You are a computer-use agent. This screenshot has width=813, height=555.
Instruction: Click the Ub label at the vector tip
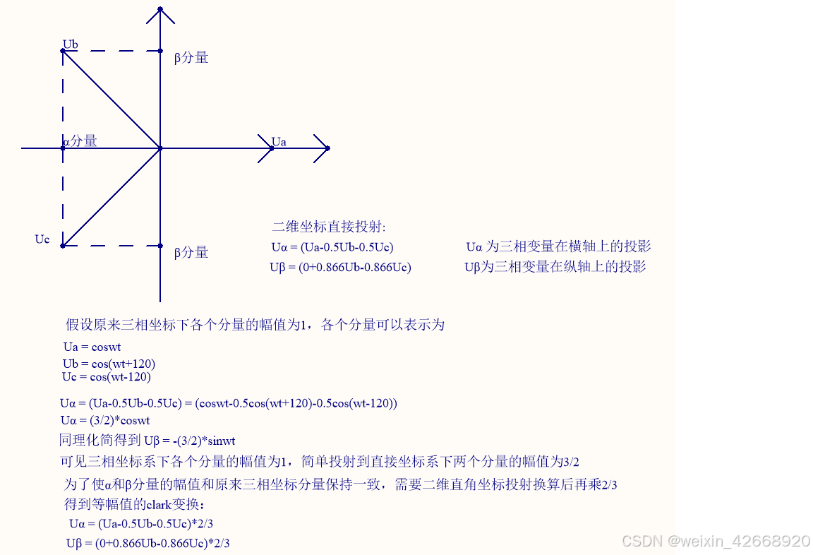[x=70, y=44]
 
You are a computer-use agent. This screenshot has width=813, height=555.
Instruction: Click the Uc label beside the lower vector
[x=42, y=239]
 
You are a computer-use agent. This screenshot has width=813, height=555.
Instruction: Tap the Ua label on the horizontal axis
[x=279, y=142]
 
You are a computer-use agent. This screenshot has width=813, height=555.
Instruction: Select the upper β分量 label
[x=191, y=58]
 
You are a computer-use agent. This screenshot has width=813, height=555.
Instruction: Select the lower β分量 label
[x=191, y=252]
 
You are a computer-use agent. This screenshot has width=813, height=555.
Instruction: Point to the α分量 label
[x=80, y=141]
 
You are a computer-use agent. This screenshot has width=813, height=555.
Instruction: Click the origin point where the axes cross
[x=161, y=148]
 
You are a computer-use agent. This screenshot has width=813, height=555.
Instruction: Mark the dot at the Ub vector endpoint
[x=63, y=51]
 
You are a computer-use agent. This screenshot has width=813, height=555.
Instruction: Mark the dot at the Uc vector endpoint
[x=63, y=246]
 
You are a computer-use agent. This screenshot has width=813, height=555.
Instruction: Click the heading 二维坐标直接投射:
[x=329, y=227]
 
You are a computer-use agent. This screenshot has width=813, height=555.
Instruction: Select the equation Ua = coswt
[x=92, y=347]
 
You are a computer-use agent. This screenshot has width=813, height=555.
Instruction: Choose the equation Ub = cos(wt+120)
[x=109, y=364]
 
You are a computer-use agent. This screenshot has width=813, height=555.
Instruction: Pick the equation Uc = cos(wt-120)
[x=107, y=377]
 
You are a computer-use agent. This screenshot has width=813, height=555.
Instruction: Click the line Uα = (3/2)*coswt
[x=105, y=421]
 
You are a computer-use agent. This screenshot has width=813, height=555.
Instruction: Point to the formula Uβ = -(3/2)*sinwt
[x=189, y=441]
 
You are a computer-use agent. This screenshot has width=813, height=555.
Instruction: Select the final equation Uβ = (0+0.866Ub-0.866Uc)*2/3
[x=148, y=544]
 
